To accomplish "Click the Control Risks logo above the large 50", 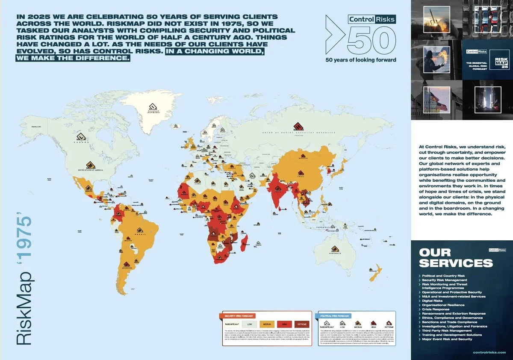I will pos(371,19).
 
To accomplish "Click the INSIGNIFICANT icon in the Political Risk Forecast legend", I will pos(327,324).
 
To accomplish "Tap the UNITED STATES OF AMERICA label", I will pos(90,171).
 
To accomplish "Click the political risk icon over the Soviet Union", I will pos(298,127).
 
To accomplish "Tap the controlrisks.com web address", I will pos(489,352).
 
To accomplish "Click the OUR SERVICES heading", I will pos(456,257).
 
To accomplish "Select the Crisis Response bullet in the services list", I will pos(436,310).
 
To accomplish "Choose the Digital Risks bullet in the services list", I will pos(433,301).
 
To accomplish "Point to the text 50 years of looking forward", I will pos(360,59).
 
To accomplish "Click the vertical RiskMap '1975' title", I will pos(25,282).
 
